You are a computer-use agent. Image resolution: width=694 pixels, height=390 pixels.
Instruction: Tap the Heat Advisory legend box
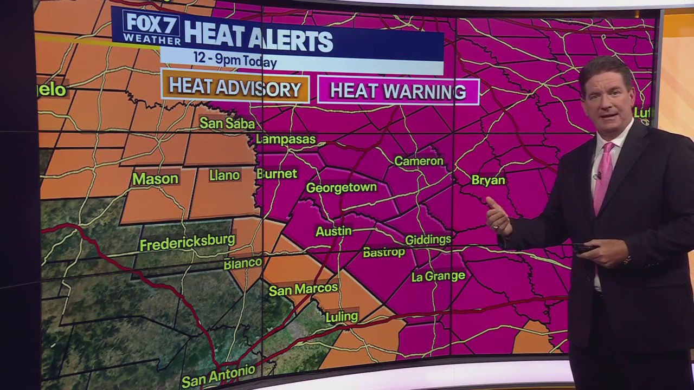(235, 88)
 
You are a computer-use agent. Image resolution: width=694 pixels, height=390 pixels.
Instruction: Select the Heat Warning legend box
(398, 91)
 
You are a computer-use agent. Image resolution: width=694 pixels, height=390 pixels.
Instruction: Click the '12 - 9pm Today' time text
(235, 60)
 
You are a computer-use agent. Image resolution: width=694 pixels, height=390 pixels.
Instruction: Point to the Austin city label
(333, 231)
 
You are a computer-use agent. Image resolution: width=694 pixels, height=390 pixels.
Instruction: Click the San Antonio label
(218, 376)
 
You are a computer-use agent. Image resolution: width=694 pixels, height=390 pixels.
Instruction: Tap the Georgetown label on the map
(341, 187)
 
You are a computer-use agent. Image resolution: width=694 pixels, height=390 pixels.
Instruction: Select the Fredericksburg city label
(187, 242)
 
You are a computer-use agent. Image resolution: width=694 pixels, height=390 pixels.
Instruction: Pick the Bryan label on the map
(488, 180)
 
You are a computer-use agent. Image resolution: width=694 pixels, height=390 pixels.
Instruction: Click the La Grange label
(438, 276)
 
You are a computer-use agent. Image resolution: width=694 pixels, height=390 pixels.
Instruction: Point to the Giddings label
(428, 239)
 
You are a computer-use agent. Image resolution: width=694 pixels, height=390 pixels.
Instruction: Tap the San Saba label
(227, 123)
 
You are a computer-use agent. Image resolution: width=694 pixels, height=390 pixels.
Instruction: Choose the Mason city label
(155, 179)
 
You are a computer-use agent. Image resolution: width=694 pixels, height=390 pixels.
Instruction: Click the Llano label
(224, 175)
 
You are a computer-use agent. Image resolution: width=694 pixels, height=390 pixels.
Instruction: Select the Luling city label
(342, 316)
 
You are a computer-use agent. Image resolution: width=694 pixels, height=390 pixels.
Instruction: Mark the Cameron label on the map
(419, 161)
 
